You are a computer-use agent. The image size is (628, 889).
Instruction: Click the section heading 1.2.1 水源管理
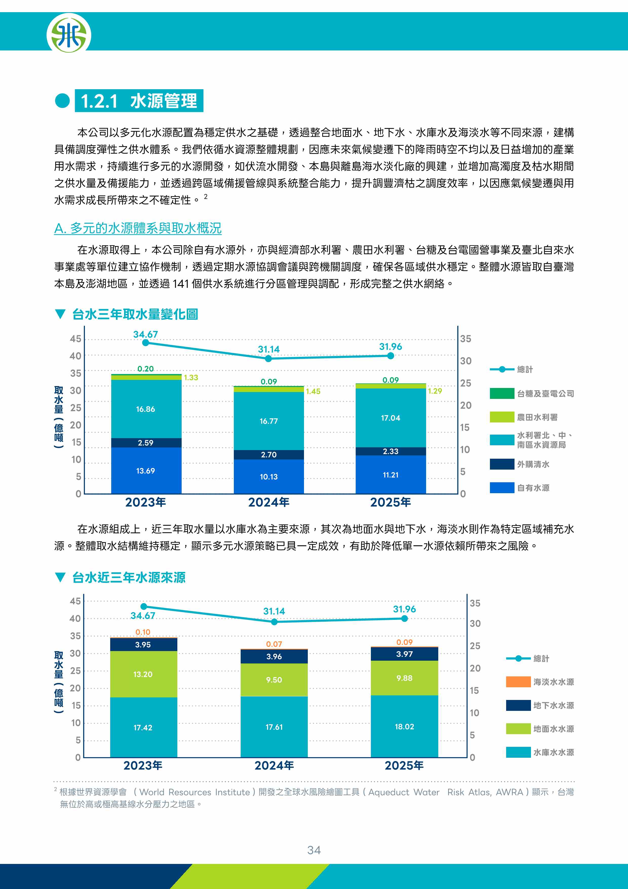(139, 101)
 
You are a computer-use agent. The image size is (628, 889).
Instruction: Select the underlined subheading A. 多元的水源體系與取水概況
(138, 228)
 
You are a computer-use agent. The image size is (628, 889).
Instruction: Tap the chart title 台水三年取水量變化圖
(135, 314)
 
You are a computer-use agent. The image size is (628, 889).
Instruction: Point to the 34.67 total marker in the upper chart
(145, 343)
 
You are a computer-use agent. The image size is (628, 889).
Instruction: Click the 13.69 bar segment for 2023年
(146, 470)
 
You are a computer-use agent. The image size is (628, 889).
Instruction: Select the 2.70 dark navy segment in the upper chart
(269, 455)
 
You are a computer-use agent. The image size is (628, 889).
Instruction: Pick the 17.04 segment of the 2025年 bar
(391, 418)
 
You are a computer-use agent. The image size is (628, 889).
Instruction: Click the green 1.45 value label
(313, 392)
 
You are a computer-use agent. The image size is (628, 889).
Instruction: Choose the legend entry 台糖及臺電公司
(532, 393)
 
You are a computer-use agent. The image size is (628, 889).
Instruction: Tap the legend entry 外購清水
(520, 464)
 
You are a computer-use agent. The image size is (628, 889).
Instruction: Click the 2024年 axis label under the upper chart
(269, 502)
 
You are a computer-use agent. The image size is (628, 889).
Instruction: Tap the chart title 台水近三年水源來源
(129, 577)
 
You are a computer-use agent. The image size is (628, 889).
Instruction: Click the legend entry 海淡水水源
(540, 682)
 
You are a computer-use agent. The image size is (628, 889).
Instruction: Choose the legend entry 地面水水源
(540, 729)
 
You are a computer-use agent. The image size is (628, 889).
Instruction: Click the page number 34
(314, 850)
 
